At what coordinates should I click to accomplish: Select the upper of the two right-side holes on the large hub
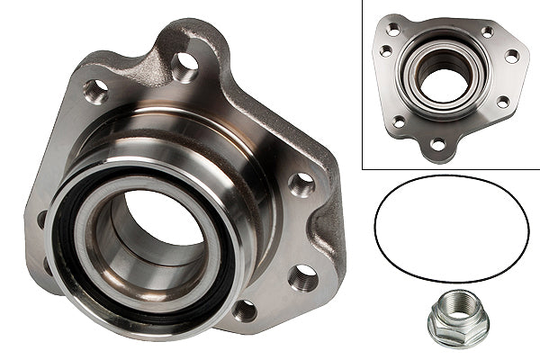[x=301, y=184]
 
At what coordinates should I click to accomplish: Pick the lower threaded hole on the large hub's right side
[x=303, y=276]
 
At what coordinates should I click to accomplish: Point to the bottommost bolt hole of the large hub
[x=244, y=310]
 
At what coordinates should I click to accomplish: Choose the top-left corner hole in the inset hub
[x=392, y=30]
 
